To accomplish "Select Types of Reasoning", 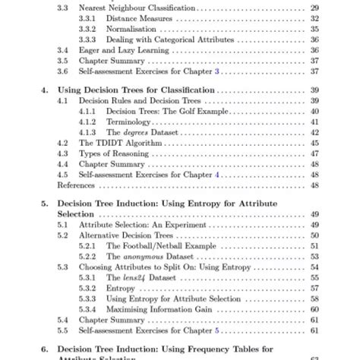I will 111,153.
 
